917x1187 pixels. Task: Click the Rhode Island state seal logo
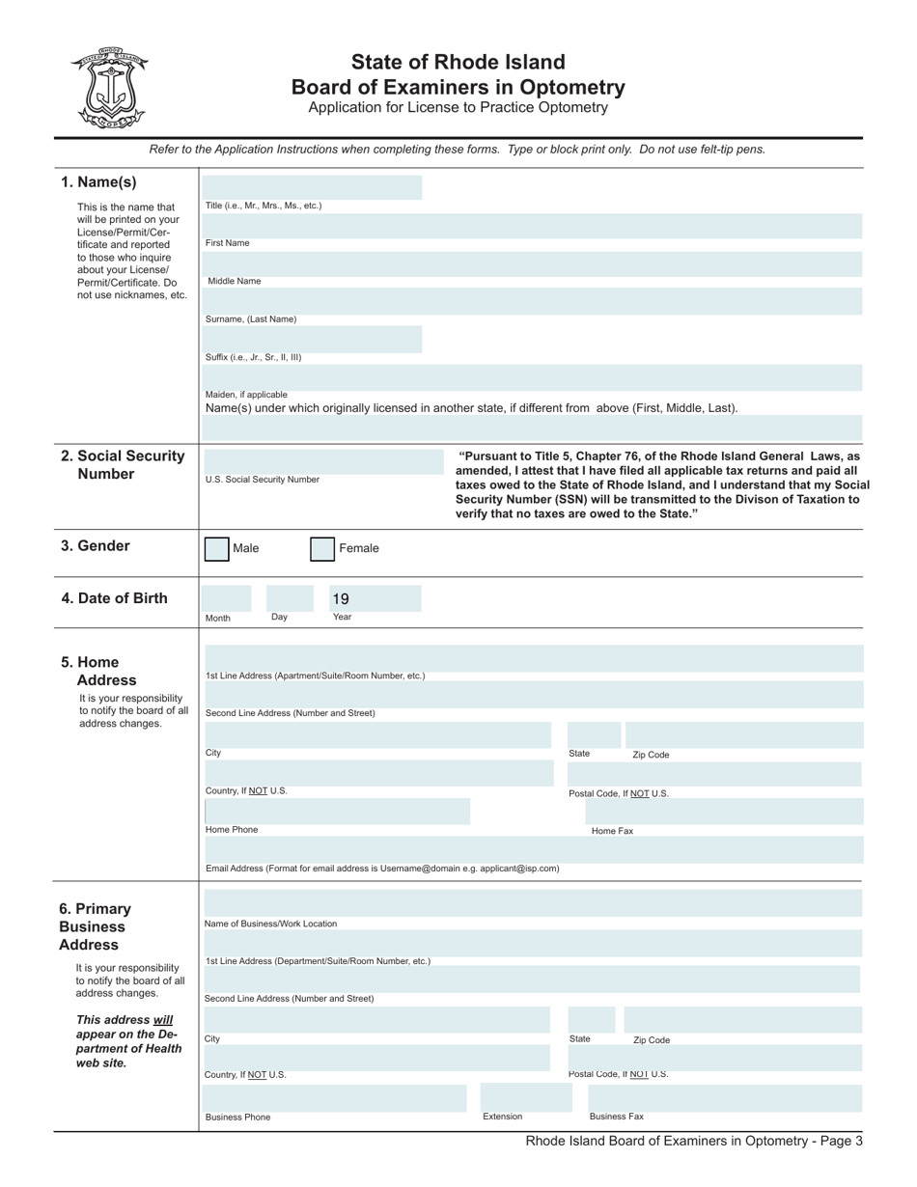tap(108, 88)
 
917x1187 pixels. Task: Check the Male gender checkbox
tap(217, 549)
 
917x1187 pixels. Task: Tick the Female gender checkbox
tap(322, 549)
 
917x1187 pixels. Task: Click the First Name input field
tap(533, 226)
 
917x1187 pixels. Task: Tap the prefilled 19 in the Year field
tap(341, 598)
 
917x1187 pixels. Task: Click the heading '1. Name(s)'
tap(98, 182)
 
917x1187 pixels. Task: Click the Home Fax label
tap(612, 831)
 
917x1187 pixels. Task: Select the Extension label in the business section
tap(502, 1117)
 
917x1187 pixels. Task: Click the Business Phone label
tap(237, 1118)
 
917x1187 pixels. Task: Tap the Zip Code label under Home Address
tap(651, 755)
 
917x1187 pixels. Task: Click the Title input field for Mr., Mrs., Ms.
tap(313, 187)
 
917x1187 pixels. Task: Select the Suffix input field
tap(313, 339)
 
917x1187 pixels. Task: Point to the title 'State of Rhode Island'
tap(458, 63)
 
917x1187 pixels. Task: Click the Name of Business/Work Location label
tap(270, 924)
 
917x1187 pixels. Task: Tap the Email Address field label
tap(382, 869)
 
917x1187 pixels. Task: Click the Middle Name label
tap(235, 281)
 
